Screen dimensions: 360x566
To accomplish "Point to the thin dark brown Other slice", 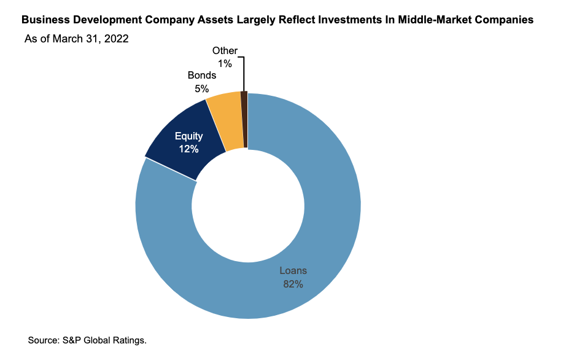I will coord(244,120).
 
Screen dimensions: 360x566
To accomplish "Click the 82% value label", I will coord(293,284).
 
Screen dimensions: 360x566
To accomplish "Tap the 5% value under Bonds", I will coord(201,88).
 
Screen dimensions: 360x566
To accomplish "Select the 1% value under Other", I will coord(225,64).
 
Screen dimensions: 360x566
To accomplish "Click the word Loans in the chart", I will coord(293,270).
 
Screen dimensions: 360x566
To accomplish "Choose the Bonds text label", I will coord(201,76).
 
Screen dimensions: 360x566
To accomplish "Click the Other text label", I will coord(225,51).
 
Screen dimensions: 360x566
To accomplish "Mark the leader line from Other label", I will coord(244,74).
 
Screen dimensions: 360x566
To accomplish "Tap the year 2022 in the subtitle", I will coord(116,39).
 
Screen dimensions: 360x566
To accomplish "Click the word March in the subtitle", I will coord(69,39).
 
